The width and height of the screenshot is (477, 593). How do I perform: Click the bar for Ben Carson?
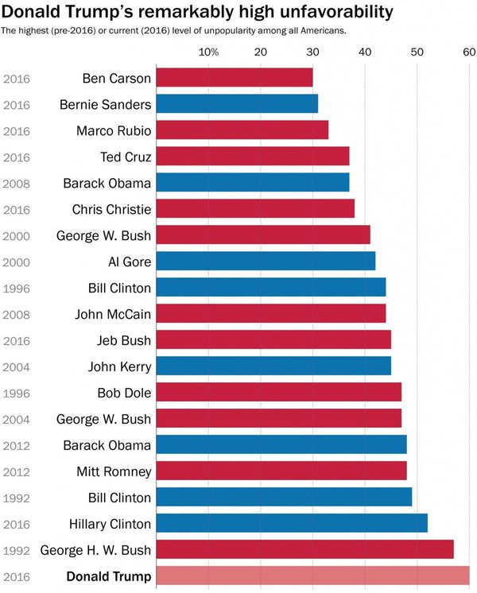point(235,78)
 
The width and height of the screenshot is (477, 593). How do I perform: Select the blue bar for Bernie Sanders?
point(237,104)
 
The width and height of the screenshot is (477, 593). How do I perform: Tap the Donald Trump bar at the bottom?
point(312,576)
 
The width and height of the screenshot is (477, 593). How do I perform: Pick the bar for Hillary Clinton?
point(292,523)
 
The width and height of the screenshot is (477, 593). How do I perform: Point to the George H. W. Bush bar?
point(304,549)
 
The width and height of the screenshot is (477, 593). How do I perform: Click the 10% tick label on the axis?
point(208,52)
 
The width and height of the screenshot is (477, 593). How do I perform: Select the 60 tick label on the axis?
point(469,52)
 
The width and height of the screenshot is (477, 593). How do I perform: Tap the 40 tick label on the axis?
point(365,52)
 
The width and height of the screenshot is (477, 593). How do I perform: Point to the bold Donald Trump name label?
point(108,576)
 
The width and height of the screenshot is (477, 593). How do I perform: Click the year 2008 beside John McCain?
point(17,314)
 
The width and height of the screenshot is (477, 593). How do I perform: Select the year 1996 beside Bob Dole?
point(17,393)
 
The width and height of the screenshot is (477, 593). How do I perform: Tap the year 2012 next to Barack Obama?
point(17,445)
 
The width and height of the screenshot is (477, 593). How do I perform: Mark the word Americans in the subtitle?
point(323,30)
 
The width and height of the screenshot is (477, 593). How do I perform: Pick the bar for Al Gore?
point(266,262)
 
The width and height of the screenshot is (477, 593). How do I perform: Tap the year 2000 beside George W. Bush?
point(17,235)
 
